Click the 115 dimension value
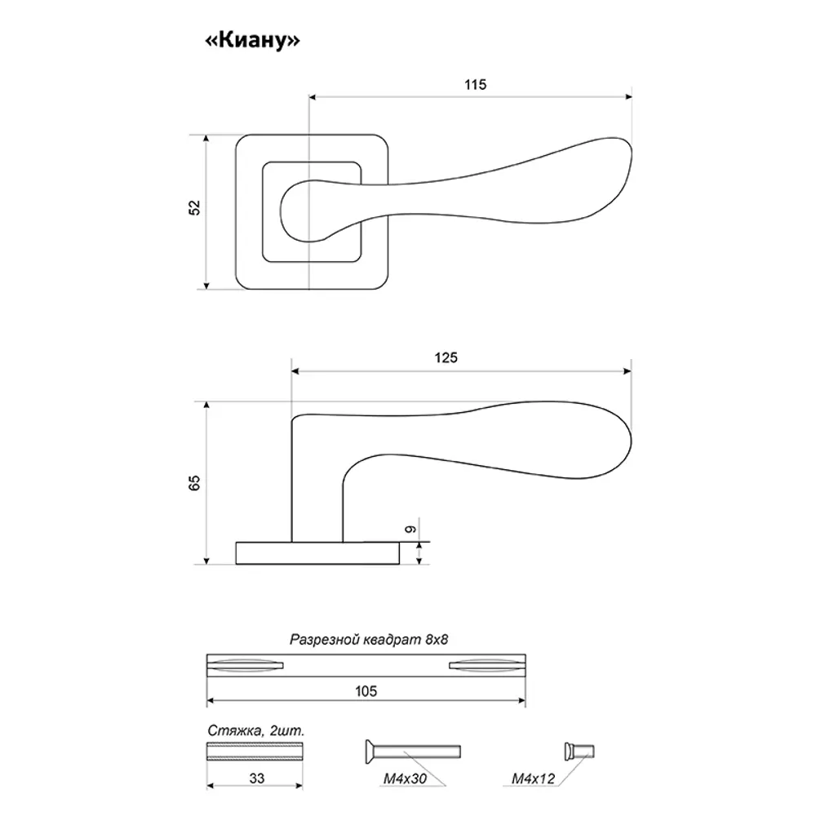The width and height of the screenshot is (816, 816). click(x=475, y=85)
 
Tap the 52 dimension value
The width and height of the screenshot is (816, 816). click(x=194, y=208)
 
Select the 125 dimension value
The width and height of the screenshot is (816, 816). click(x=446, y=358)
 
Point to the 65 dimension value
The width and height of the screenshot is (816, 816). click(x=194, y=483)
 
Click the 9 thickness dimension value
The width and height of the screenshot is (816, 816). click(x=410, y=530)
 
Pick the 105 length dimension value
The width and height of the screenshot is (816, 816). click(x=366, y=691)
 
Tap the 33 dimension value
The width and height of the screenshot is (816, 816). click(x=256, y=778)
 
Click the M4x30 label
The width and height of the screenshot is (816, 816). click(x=405, y=778)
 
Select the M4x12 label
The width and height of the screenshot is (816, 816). click(x=534, y=778)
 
